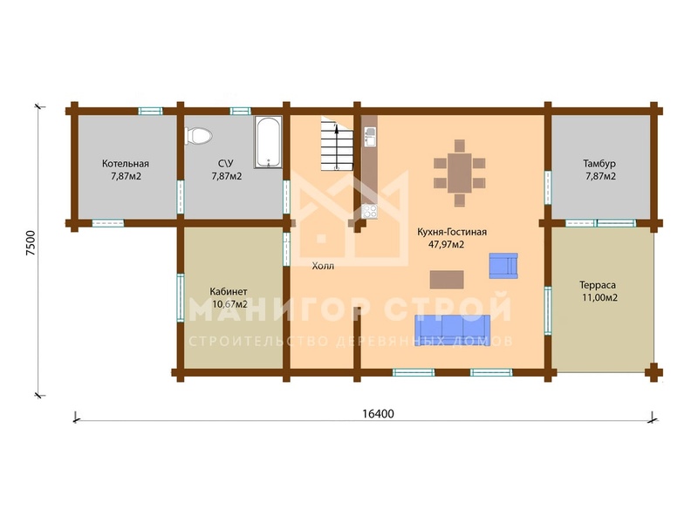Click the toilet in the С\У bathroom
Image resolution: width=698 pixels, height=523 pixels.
point(199,136)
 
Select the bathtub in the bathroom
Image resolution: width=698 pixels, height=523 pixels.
point(268,142)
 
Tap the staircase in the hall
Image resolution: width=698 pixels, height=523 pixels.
point(338,145)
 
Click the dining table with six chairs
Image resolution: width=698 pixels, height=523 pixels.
point(460,173)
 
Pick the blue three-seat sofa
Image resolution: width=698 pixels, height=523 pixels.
point(452,330)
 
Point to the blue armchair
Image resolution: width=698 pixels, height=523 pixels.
point(503,266)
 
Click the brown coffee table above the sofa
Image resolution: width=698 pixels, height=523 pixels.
point(447,280)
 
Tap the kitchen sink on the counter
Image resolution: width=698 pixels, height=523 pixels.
point(370,136)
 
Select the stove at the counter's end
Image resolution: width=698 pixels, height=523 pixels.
point(369,211)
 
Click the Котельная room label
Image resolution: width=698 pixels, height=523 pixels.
point(126,164)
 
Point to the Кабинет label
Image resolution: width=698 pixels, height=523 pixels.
point(229,292)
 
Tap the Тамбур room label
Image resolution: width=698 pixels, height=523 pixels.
point(599,164)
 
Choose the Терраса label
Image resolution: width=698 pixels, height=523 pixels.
point(598,285)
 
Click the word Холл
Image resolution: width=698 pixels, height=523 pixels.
point(323,267)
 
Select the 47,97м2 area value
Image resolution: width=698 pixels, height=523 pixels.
point(446,245)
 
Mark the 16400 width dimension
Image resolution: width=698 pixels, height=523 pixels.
point(378,414)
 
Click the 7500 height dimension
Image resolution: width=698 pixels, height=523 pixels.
point(31,243)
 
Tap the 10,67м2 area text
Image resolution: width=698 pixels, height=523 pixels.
point(229,304)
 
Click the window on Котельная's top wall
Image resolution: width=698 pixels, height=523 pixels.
point(150,112)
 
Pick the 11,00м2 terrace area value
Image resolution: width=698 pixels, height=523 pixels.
point(599,298)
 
